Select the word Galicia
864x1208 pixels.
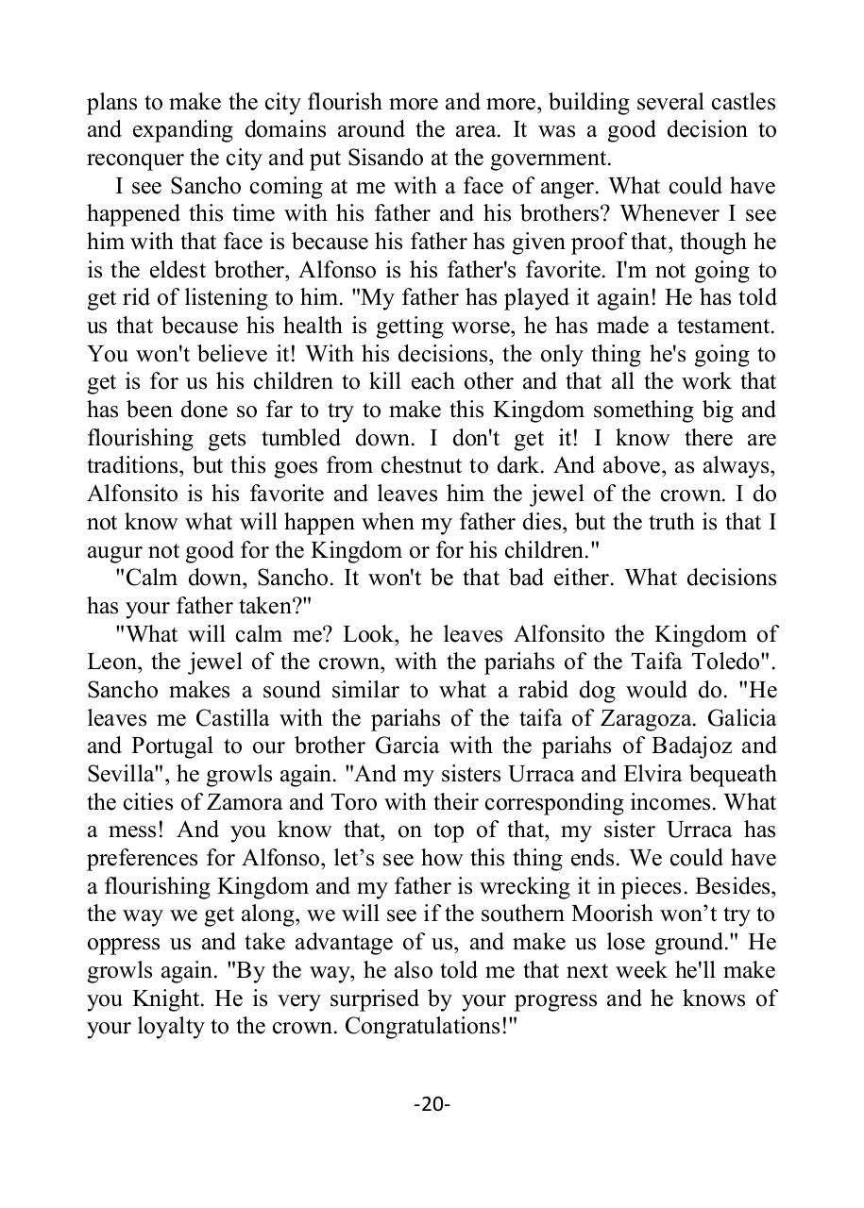(734, 718)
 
